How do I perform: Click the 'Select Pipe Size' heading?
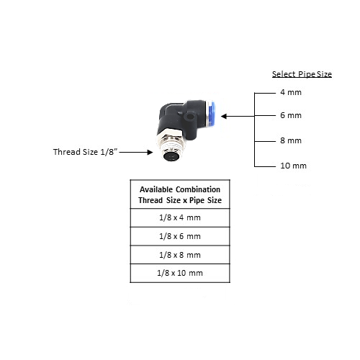click(x=302, y=74)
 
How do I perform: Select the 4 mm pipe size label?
click(x=291, y=92)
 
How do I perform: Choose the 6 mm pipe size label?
click(x=291, y=115)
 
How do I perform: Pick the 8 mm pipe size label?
click(x=291, y=140)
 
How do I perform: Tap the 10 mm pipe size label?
click(x=293, y=166)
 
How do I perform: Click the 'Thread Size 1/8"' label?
click(x=86, y=152)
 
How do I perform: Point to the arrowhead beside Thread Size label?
click(x=150, y=152)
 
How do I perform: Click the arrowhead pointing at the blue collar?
click(x=224, y=117)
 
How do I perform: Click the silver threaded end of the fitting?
click(x=171, y=144)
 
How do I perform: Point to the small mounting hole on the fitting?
click(x=190, y=117)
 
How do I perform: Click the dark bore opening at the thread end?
click(x=171, y=156)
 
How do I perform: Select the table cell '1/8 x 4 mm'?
click(x=180, y=217)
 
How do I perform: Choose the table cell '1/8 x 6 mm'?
click(x=180, y=236)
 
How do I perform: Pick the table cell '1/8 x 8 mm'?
click(x=180, y=255)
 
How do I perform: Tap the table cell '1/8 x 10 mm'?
click(x=180, y=273)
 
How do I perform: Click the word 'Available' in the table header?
click(x=156, y=189)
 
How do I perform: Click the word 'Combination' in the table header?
click(x=198, y=189)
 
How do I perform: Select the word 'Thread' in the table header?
click(x=150, y=200)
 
